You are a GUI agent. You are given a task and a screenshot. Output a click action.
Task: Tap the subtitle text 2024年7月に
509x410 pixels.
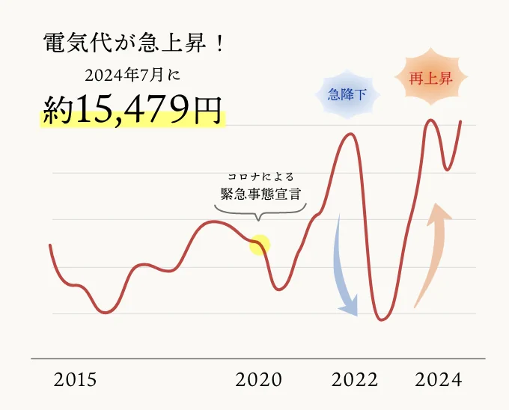[x=133, y=75]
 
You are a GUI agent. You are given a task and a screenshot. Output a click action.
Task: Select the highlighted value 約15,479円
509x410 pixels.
[x=132, y=110]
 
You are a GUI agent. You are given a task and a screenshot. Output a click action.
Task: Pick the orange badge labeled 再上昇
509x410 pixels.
[x=430, y=79]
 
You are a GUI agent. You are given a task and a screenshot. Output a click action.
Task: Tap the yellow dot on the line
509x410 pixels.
[x=259, y=244]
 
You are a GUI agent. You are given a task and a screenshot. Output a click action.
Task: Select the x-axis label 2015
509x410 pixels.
[x=75, y=380]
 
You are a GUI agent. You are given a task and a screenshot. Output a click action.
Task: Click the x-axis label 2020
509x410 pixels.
[x=259, y=380]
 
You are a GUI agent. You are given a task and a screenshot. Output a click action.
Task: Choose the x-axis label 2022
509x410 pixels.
[x=355, y=380]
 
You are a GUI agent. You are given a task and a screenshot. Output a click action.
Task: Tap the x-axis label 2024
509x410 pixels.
[x=439, y=380]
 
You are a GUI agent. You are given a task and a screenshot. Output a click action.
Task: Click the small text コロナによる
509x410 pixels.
[x=260, y=177]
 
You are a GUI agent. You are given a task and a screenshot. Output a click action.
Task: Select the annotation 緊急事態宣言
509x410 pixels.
[x=260, y=194]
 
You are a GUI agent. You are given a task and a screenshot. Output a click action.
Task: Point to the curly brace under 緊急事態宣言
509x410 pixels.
[x=258, y=212]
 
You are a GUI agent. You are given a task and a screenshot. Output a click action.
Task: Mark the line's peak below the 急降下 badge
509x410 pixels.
[x=350, y=134]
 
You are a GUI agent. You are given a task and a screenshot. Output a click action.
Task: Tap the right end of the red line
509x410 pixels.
[x=460, y=121]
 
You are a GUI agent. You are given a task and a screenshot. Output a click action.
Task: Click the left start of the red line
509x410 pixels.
[x=50, y=245]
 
